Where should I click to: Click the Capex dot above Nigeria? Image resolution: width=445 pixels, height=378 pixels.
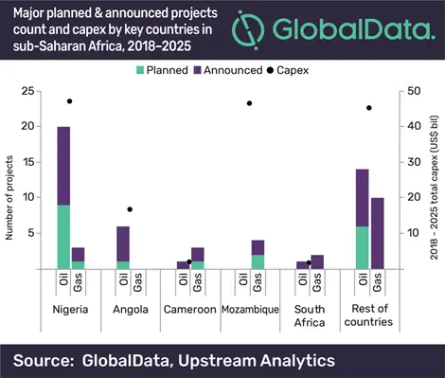(x=70, y=101)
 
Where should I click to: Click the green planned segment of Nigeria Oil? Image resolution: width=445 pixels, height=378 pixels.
(x=63, y=237)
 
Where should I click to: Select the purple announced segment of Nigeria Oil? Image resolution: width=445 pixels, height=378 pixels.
(x=63, y=165)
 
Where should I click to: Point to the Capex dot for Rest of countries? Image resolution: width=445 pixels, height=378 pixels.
(x=369, y=108)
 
